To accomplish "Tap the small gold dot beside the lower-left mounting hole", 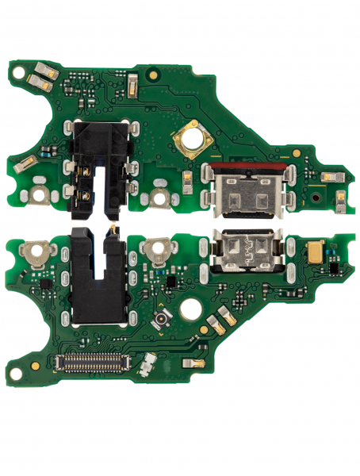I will [x=35, y=366].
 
